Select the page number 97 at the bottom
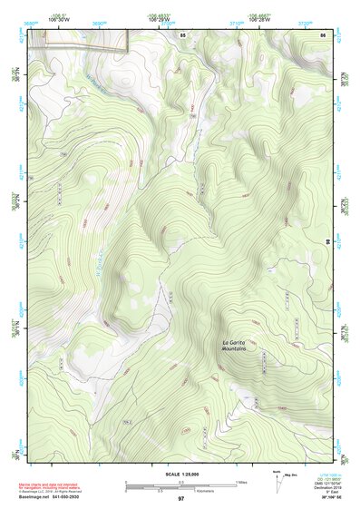(x=180, y=499)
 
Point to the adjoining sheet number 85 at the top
(x=182, y=34)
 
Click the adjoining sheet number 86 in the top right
(x=323, y=34)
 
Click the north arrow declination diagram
(x=277, y=479)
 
